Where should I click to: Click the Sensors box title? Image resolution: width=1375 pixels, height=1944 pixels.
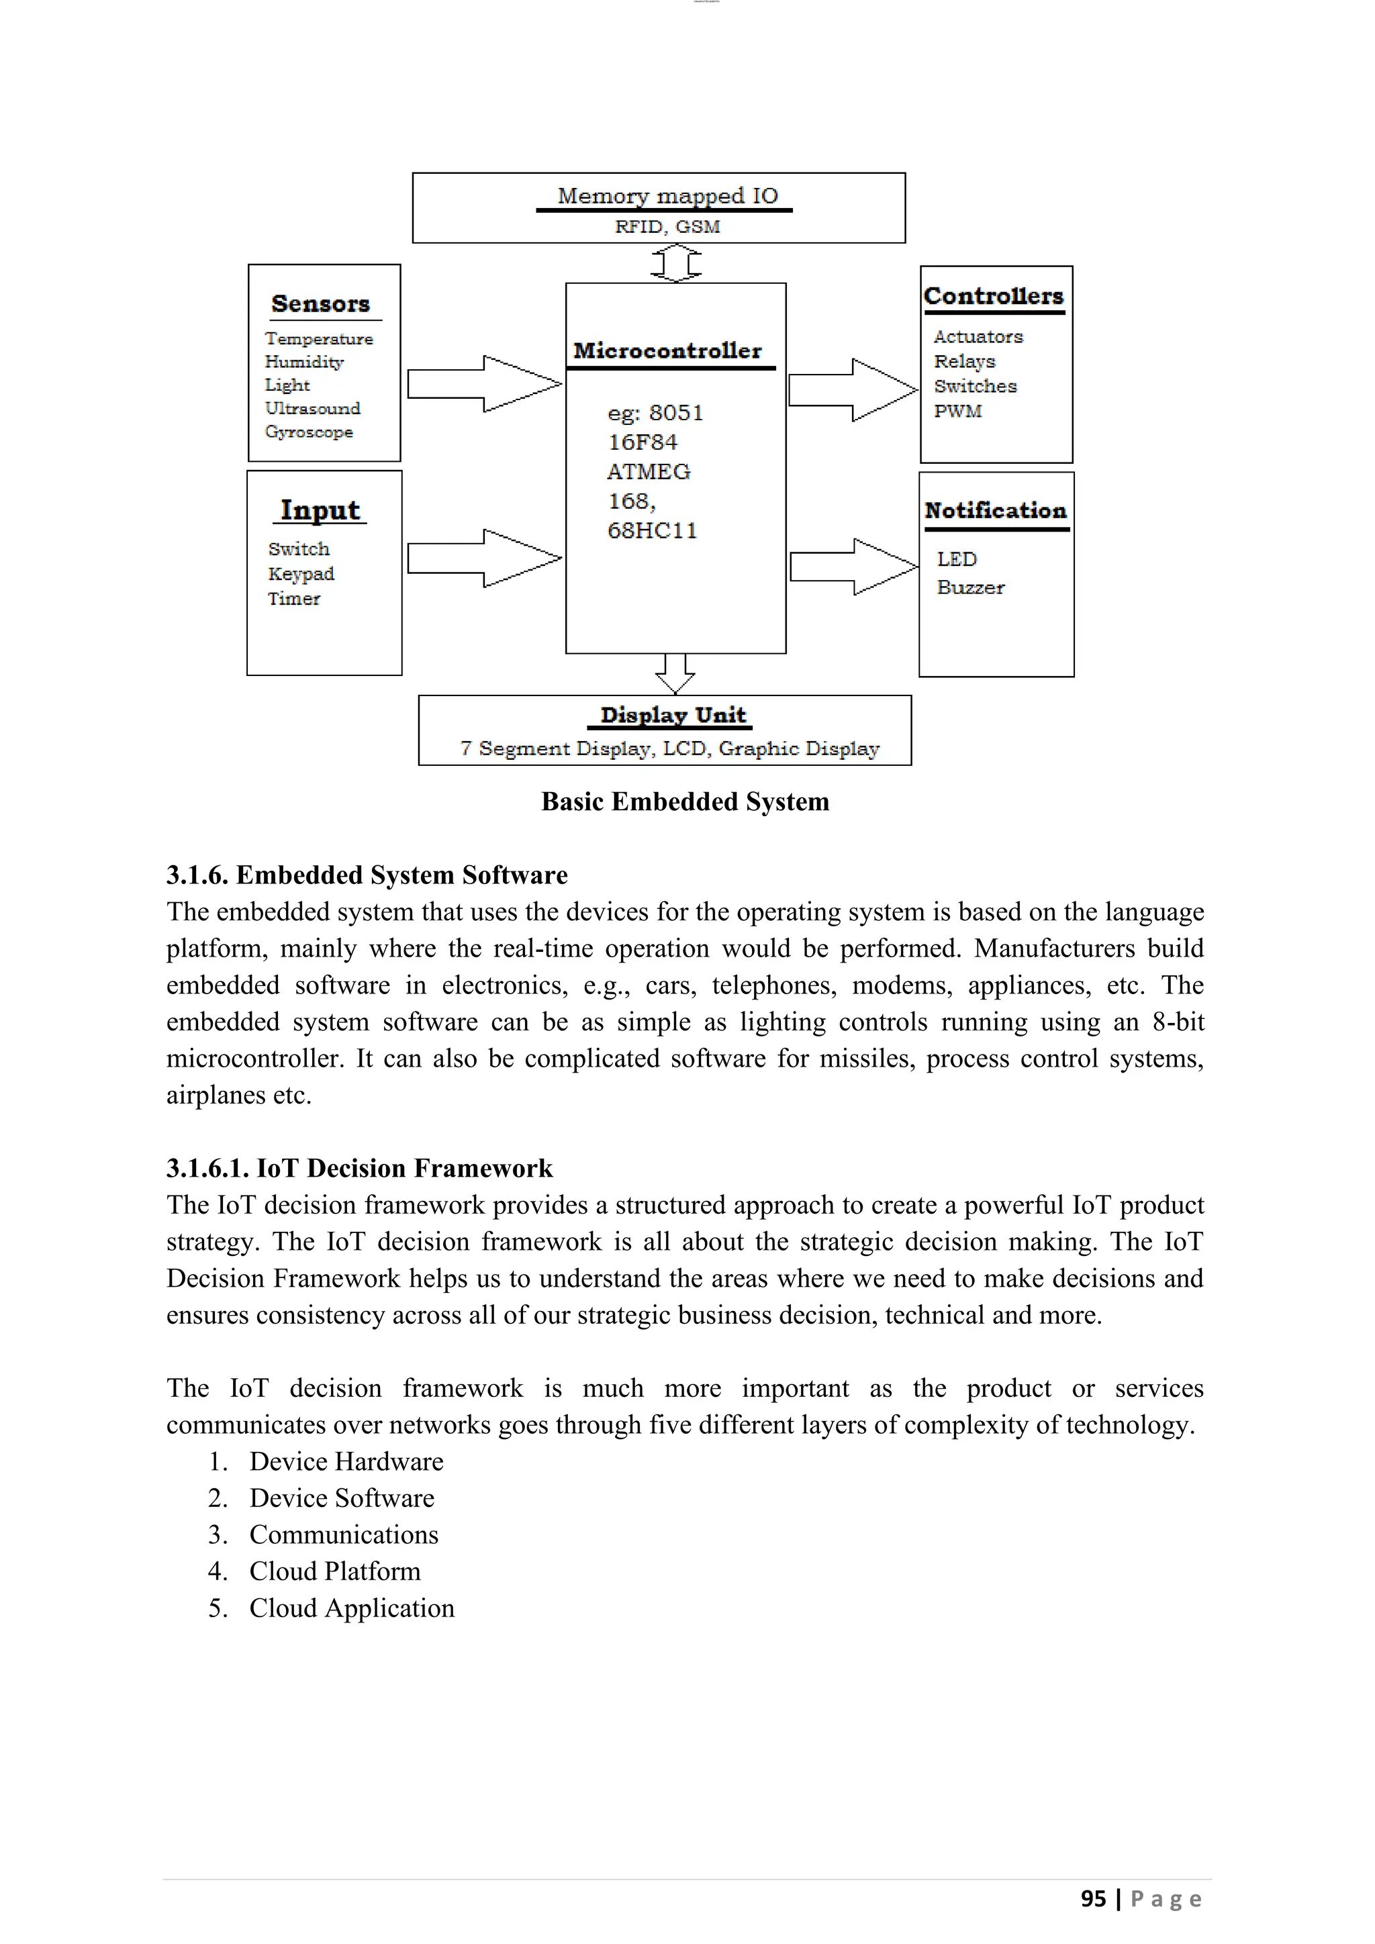320,304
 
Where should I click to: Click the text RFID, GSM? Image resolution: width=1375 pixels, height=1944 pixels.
667,227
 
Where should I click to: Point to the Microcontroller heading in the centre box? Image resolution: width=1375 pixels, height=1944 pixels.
667,350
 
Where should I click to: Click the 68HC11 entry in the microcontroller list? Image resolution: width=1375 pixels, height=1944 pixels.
652,531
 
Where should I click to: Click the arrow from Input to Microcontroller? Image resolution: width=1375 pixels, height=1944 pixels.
484,558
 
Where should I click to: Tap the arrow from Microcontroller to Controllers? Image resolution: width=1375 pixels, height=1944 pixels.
853,389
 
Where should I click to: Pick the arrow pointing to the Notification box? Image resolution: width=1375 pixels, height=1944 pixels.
854,567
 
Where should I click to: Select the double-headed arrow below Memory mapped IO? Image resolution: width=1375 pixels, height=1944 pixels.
675,263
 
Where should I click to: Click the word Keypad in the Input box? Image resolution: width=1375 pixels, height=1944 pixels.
301,574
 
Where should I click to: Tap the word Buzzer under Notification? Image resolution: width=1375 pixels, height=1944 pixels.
970,587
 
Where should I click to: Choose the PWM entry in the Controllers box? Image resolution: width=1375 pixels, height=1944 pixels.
957,411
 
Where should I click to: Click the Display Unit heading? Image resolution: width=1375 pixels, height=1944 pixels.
673,716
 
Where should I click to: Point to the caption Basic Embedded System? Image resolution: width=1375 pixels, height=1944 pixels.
685,801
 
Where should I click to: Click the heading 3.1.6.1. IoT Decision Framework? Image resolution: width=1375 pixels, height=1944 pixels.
359,1169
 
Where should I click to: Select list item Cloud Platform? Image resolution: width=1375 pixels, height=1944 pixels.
334,1571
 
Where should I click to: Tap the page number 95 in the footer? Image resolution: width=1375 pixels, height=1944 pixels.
1093,1899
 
